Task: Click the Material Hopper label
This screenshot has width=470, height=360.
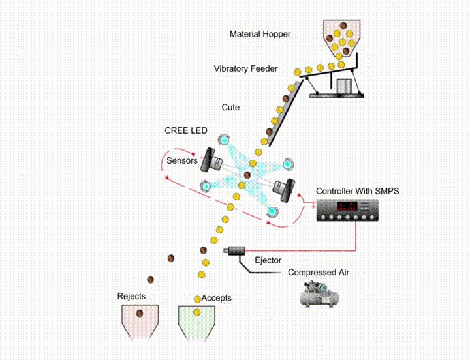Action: click(260, 34)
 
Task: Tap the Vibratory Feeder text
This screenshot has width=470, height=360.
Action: click(245, 68)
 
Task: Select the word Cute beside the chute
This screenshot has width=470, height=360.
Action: click(230, 107)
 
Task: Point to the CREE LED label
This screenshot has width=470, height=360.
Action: click(186, 130)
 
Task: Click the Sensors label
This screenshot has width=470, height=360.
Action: click(181, 160)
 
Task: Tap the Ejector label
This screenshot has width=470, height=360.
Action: click(268, 260)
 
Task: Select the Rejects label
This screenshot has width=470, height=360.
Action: click(131, 297)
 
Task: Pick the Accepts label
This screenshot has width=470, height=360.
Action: click(216, 298)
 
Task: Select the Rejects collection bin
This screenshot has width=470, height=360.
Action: click(140, 322)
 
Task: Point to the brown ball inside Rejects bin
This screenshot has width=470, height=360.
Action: click(140, 314)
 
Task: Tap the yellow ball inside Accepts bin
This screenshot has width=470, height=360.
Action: click(196, 313)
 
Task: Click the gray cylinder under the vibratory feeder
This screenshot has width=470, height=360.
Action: click(343, 85)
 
